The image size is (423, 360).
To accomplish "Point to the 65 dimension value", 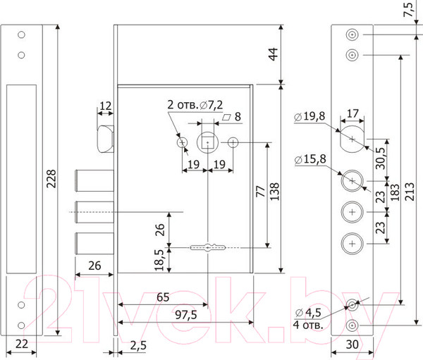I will click(162, 297).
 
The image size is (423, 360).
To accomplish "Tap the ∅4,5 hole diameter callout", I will click(307, 312).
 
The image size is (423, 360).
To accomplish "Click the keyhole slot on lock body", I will click(208, 247).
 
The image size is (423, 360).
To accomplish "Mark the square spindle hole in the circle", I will click(208, 143).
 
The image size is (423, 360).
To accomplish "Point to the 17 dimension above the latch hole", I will click(354, 112).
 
